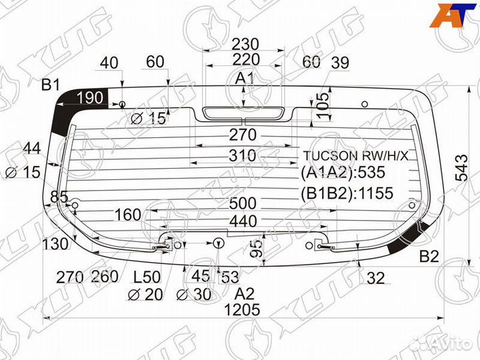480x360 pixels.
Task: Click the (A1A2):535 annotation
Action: coord(343,173)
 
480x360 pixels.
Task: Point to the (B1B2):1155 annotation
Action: coord(347,193)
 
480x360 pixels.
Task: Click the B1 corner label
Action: coord(51,85)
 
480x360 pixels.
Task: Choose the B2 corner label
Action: coord(429,256)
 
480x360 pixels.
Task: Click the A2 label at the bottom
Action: coord(245,293)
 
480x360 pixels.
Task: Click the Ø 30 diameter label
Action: coord(194,294)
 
